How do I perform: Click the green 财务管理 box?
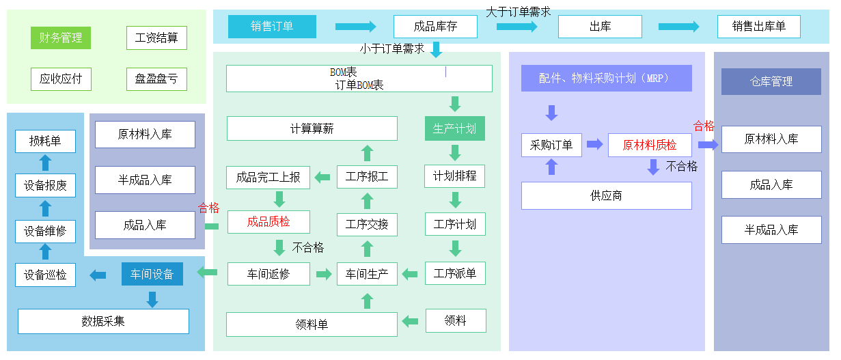coord(61,38)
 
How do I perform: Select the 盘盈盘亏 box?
coord(156,79)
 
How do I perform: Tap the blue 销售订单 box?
coord(272,27)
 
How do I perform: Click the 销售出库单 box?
coord(759,27)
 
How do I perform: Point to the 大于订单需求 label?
coord(518,12)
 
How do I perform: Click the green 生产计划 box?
coord(455,128)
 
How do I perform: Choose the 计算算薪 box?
coord(312,128)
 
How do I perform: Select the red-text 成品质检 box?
coord(268,221)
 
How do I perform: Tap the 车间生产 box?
coord(367,275)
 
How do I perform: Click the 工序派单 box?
coord(455,274)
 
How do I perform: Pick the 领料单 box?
coord(312,324)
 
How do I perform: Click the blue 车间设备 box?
coord(152,275)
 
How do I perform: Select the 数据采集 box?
coord(103,321)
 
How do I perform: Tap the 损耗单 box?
coord(45,141)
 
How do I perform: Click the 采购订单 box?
coord(552,145)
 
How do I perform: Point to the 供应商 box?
coord(606,195)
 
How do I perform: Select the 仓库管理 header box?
coord(771,81)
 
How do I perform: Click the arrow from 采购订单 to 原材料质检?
coord(594,144)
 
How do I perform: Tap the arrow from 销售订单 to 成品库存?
coord(355,27)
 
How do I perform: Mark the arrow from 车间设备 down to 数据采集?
coord(152,299)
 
